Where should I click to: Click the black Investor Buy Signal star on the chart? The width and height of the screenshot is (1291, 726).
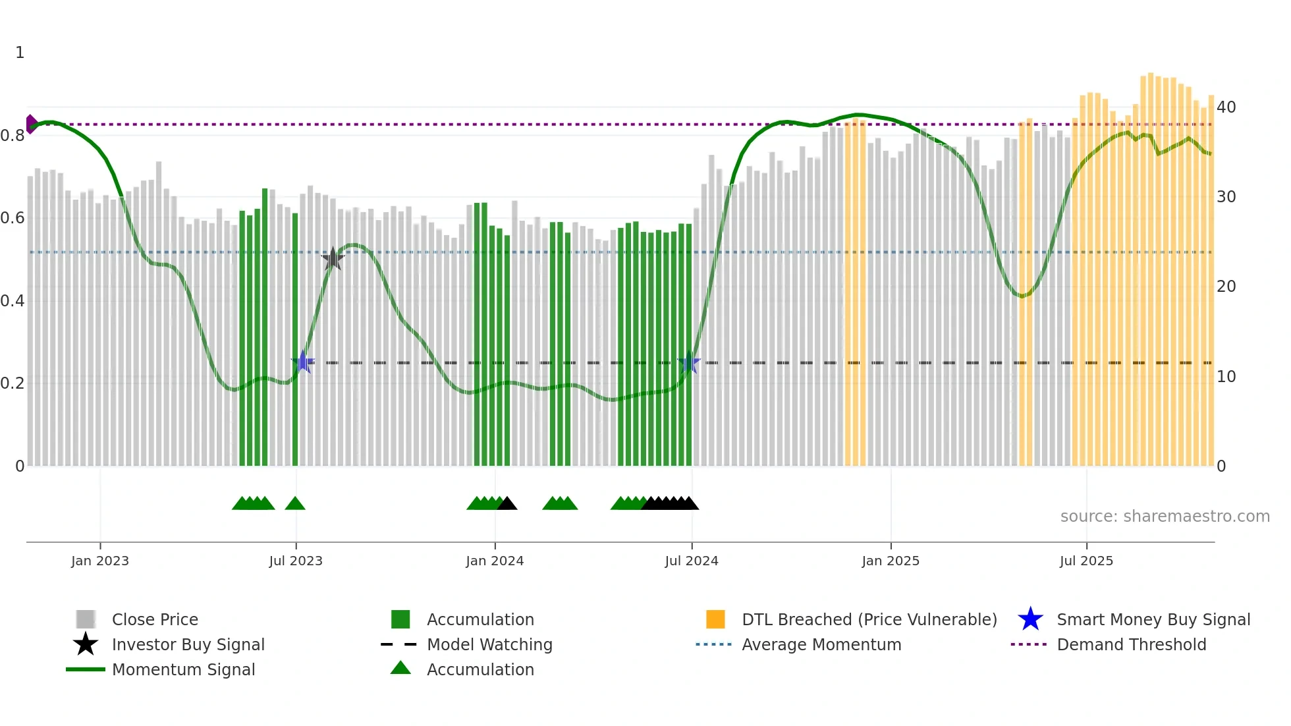(333, 259)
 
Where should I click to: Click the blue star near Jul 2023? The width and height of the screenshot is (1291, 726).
(303, 362)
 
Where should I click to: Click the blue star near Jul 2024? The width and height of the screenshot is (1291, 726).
(689, 362)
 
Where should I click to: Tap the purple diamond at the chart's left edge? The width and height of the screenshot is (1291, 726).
(31, 124)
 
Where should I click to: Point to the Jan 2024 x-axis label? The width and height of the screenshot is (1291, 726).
(495, 561)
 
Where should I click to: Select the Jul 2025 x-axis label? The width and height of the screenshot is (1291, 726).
(1086, 561)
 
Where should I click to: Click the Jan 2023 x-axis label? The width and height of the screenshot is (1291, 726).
(100, 561)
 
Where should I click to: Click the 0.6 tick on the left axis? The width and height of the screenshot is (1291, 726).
(13, 218)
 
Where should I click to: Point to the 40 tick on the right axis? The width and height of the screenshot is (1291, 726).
(1226, 107)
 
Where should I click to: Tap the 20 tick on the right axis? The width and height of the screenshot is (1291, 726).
(1226, 287)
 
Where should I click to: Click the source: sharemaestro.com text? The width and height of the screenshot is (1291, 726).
(1165, 516)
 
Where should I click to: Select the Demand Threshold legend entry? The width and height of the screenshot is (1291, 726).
(1131, 644)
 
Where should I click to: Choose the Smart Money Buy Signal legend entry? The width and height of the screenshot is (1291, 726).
(1153, 619)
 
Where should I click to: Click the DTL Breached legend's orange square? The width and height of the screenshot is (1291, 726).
(715, 619)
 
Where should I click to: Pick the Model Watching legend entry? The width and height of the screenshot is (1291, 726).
(489, 644)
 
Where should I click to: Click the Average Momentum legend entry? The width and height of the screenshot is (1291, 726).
(821, 644)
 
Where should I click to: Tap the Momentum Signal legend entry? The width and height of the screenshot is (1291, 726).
(183, 669)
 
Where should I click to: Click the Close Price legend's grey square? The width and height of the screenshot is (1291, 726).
(86, 619)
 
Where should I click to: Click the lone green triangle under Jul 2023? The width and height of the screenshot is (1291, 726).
(295, 503)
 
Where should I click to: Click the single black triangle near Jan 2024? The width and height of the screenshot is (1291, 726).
(507, 503)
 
